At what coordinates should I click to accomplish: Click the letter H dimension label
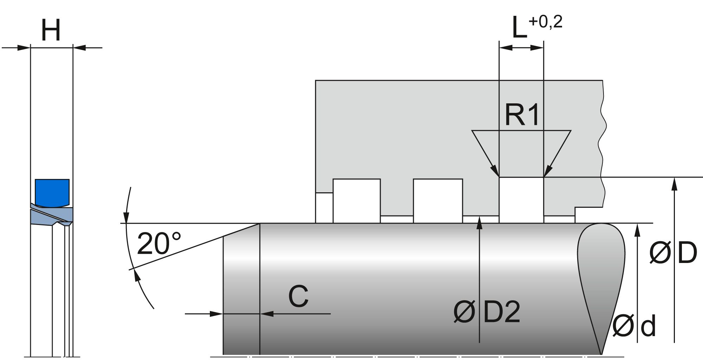[51, 31]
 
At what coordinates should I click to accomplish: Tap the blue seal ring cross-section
[52, 192]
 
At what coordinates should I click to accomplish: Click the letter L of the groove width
[520, 28]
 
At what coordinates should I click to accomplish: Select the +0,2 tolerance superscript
[545, 22]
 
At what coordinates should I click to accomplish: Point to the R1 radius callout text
[522, 115]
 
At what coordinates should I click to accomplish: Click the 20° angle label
[159, 244]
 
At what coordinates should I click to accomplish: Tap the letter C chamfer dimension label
[298, 296]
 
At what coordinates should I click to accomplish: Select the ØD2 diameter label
[487, 311]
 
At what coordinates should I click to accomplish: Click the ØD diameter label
[673, 252]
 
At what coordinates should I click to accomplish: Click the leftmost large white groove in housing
[356, 200]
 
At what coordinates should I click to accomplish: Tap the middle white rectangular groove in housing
[438, 200]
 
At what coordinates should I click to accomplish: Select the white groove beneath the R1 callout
[521, 200]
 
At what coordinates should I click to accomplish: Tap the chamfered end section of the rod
[241, 292]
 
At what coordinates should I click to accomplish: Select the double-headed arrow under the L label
[521, 47]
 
